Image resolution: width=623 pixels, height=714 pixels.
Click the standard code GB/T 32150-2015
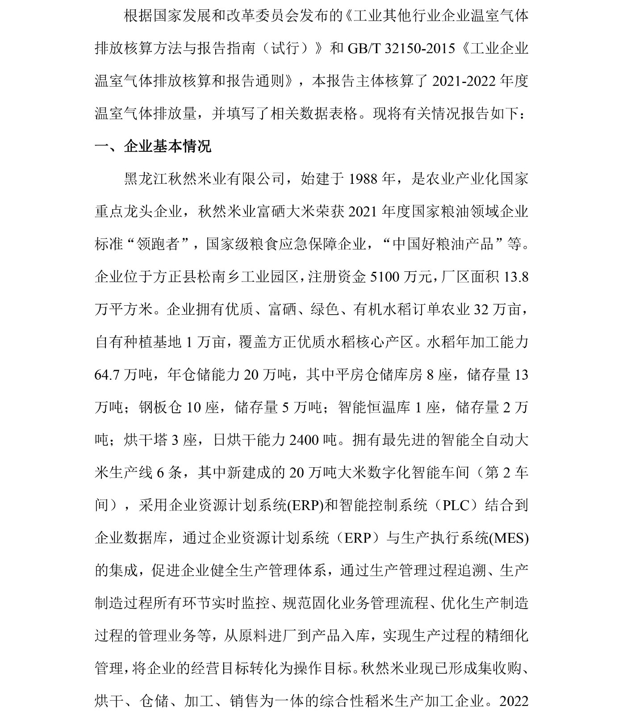point(401,48)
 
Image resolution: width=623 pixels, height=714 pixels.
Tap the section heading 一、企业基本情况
point(153,146)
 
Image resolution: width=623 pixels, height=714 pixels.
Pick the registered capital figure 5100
point(386,277)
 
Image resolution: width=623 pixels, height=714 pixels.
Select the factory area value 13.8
point(516,277)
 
